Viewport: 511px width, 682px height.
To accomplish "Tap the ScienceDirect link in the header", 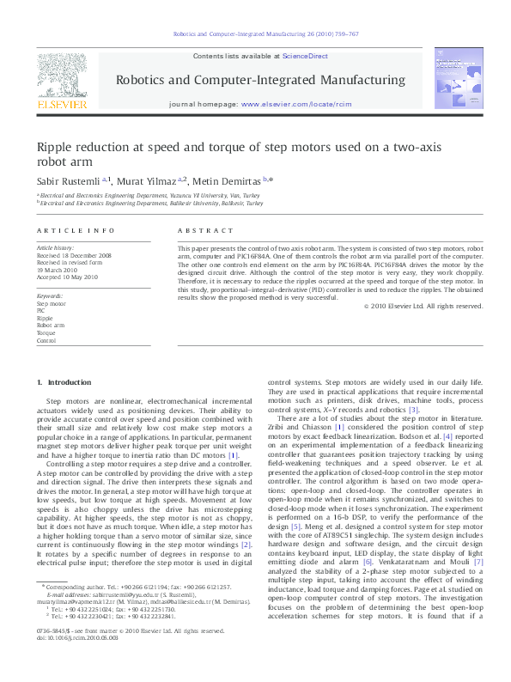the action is pyautogui.click(x=305, y=55).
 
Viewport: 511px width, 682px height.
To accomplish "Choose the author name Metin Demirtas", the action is pyautogui.click(x=224, y=180).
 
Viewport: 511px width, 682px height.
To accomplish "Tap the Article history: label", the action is pyautogui.click(x=55, y=248).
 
